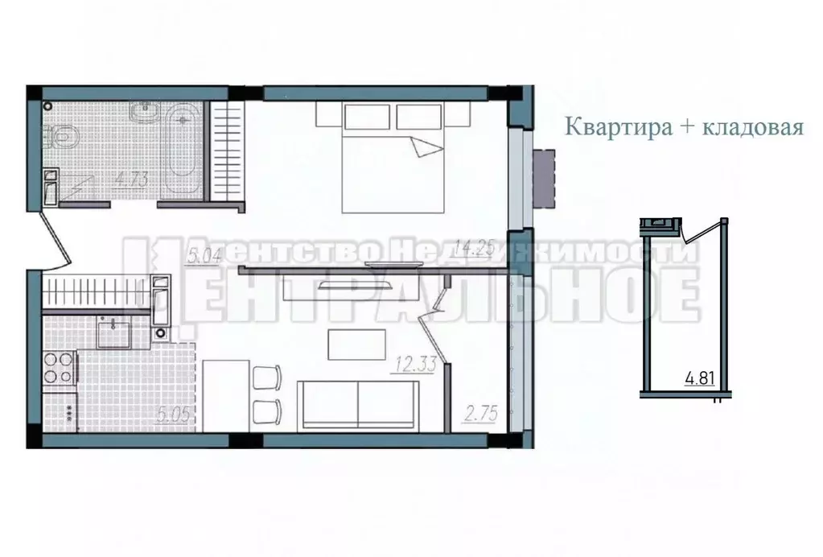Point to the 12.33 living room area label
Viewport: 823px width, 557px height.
point(414,365)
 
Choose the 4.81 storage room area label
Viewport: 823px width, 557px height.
point(700,378)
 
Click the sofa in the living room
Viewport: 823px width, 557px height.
point(358,405)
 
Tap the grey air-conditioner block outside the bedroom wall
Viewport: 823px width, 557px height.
point(545,178)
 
